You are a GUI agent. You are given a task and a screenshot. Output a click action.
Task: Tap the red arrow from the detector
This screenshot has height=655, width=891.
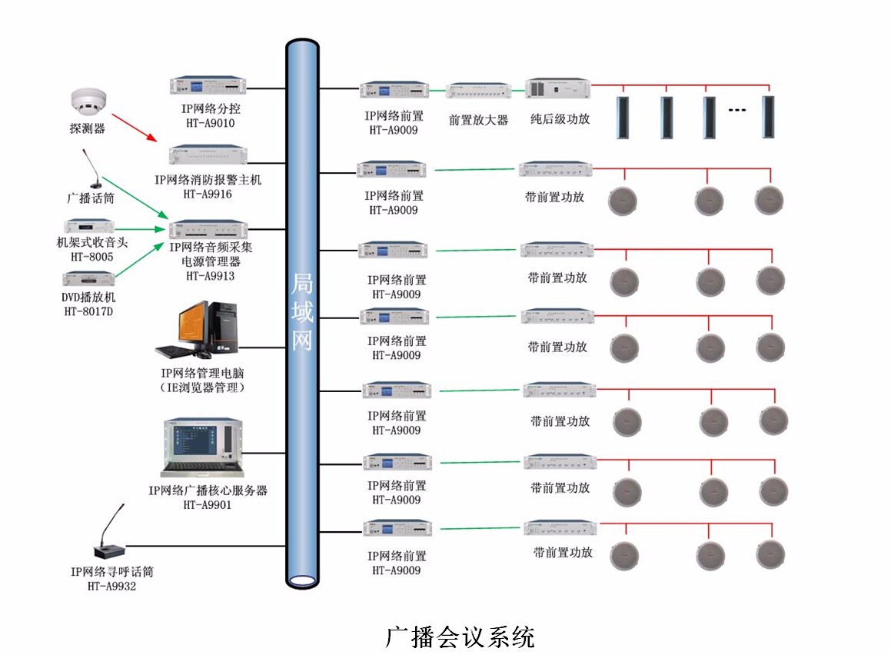[134, 126]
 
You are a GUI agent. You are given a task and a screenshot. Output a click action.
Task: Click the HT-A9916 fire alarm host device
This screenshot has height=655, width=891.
[208, 154]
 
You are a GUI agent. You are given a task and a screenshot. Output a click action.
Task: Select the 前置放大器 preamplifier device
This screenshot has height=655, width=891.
[478, 91]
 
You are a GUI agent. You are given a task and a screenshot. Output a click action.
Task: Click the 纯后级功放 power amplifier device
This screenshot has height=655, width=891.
[558, 88]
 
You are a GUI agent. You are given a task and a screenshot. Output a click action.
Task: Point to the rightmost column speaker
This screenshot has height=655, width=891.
[767, 116]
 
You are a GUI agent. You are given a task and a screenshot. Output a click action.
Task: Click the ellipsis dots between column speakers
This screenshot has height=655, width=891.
[736, 111]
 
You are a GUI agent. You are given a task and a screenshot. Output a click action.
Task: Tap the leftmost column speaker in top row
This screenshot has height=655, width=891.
[623, 117]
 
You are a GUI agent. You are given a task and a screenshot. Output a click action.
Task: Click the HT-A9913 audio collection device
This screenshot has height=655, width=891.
[208, 229]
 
